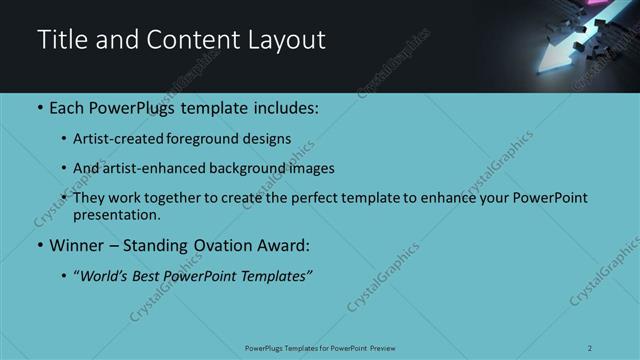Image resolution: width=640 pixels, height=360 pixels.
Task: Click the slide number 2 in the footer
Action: pos(590,348)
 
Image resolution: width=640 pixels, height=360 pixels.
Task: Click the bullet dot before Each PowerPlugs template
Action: pos(39,108)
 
